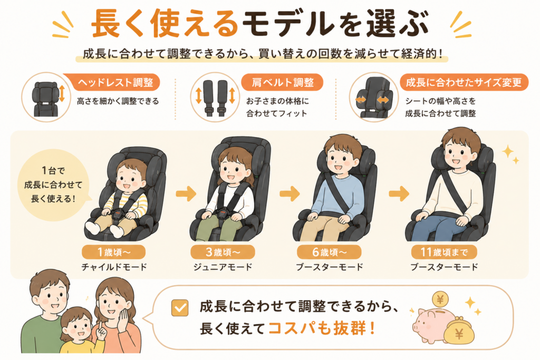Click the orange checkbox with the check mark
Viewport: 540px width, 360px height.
tap(180, 307)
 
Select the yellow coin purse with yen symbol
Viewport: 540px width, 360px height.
tap(459, 330)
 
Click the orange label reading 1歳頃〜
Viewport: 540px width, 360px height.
tap(114, 252)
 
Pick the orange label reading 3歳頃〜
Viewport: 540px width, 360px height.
tap(223, 252)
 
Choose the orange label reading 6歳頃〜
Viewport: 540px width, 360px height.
tap(329, 252)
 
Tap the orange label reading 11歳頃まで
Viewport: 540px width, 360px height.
tap(444, 252)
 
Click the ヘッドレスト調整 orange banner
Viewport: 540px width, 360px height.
tap(114, 82)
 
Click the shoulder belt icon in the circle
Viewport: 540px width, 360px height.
tap(215, 98)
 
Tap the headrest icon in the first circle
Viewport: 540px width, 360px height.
tap(46, 99)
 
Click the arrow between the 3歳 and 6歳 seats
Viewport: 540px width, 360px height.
tap(290, 193)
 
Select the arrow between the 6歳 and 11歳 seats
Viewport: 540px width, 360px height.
tap(399, 193)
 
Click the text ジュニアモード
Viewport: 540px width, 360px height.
tap(223, 267)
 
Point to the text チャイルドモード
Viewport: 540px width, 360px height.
tap(114, 267)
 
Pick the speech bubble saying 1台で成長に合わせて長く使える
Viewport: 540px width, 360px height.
tap(53, 185)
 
